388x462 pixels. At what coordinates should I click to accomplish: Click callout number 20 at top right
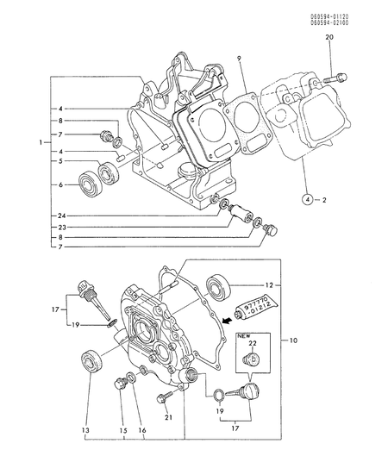click(x=329, y=38)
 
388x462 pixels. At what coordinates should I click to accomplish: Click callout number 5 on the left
click(x=59, y=160)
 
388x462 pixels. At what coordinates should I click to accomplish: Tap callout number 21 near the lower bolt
click(x=181, y=417)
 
